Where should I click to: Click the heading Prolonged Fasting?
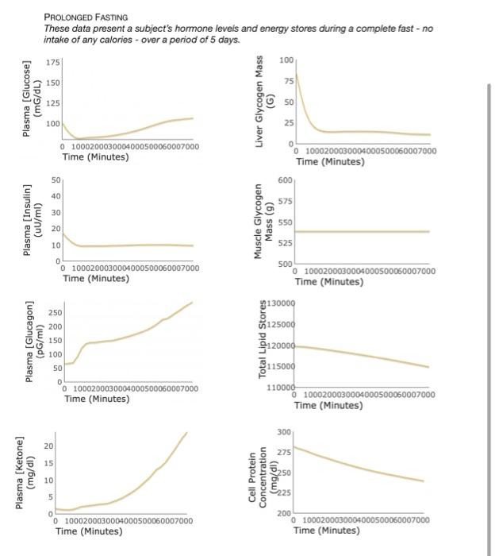click(x=86, y=17)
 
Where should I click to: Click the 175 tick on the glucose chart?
click(x=52, y=62)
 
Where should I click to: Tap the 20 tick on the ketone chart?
click(x=48, y=447)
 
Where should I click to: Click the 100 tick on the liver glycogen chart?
click(x=286, y=60)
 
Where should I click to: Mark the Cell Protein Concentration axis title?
click(x=263, y=474)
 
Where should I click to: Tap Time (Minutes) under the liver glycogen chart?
click(x=330, y=162)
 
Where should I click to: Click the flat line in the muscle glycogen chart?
click(x=365, y=231)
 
